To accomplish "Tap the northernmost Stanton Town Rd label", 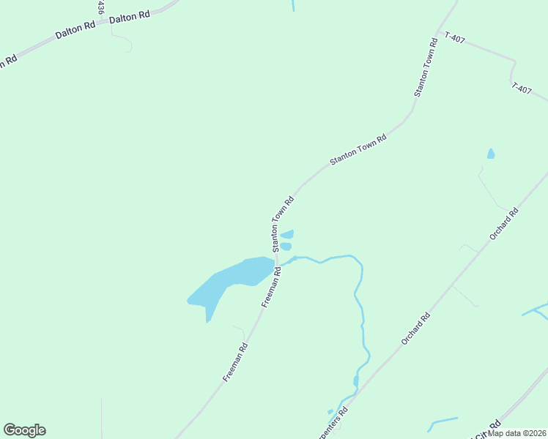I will [x=426, y=67].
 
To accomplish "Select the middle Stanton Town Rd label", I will [x=358, y=149].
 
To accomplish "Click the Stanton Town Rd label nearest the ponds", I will [x=283, y=224].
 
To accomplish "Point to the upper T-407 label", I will [x=455, y=37].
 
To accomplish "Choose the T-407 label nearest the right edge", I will [x=522, y=89].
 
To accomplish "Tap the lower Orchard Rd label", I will [x=415, y=330].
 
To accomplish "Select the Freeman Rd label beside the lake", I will [x=270, y=286].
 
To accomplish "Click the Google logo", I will [x=24, y=430].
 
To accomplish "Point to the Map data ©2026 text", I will [x=517, y=433].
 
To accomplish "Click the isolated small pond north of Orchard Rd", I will [x=491, y=154].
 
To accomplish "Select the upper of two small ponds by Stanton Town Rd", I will [x=287, y=234].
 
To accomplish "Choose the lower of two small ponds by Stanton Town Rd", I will [x=286, y=247].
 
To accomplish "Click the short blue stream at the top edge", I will [x=292, y=4].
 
